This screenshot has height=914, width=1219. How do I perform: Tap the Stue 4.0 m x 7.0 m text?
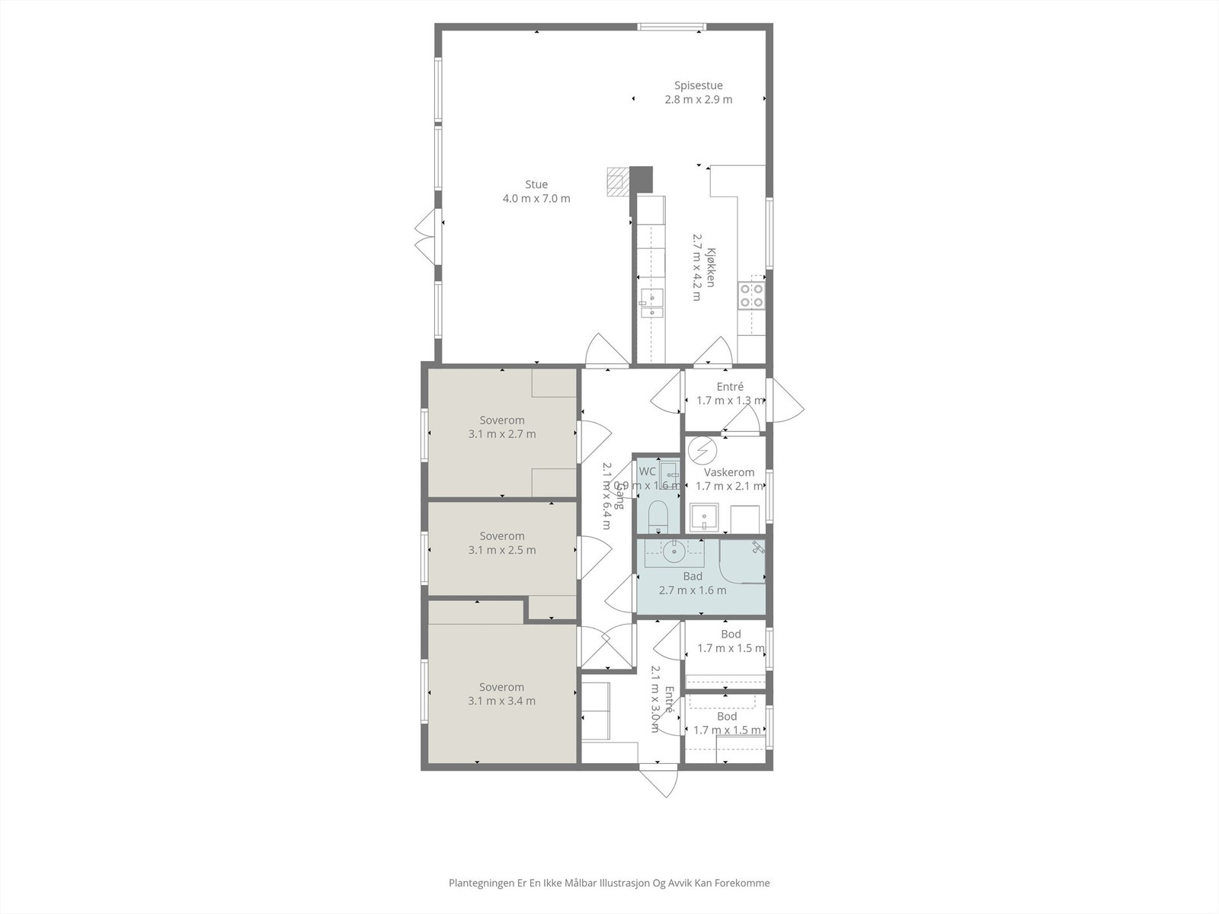pyautogui.click(x=536, y=191)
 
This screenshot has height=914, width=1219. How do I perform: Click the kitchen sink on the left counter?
pyautogui.click(x=651, y=302)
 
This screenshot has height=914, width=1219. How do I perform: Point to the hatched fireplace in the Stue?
pyautogui.click(x=616, y=183)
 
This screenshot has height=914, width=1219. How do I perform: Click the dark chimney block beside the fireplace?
pyautogui.click(x=642, y=179)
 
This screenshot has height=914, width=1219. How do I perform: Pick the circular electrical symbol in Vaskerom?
pyautogui.click(x=701, y=450)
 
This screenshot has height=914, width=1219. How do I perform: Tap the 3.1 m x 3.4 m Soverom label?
pyautogui.click(x=501, y=694)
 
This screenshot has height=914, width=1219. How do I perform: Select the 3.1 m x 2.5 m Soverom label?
pyautogui.click(x=501, y=543)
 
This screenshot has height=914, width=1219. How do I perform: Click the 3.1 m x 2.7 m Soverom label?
pyautogui.click(x=501, y=427)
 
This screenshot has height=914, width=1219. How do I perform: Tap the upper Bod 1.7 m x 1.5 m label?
pyautogui.click(x=730, y=641)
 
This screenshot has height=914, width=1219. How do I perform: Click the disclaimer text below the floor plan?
pyautogui.click(x=609, y=884)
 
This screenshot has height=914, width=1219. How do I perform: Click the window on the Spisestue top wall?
pyautogui.click(x=670, y=27)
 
